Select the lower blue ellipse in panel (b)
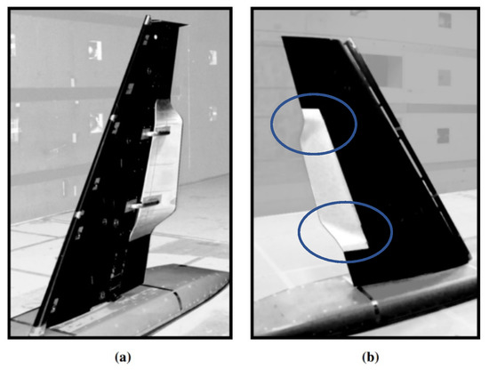pos(345,231)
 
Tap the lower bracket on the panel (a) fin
pos(142,206)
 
